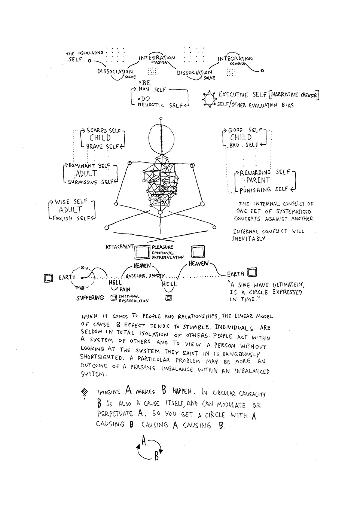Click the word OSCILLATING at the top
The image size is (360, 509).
point(91,54)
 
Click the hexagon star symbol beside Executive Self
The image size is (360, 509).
point(209,98)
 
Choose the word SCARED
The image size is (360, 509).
point(97,131)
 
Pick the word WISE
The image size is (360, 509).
point(62,202)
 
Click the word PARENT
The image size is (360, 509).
point(258,180)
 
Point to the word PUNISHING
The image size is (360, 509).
point(255,190)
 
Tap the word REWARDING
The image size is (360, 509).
point(255,173)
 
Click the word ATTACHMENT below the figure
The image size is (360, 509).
point(119,247)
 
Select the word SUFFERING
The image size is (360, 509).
point(90,298)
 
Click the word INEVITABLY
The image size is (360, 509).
point(248,238)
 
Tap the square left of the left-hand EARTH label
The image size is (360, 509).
point(48,278)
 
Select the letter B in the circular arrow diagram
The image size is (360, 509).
point(157,456)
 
